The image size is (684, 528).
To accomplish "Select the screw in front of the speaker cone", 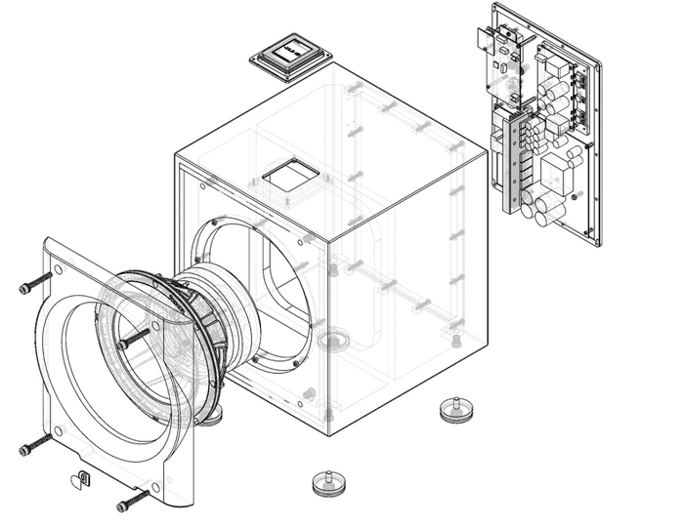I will (x=134, y=340).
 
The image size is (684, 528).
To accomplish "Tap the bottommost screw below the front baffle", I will (x=133, y=500).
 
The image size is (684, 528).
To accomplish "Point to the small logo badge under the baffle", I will (x=81, y=478).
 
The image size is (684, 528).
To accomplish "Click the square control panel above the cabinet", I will (x=290, y=56).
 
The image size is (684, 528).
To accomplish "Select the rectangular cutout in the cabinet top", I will (x=291, y=176).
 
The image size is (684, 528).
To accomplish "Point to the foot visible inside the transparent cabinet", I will (x=334, y=340).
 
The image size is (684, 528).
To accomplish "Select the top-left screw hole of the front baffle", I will (x=59, y=270).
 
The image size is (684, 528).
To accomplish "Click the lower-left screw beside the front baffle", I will (x=34, y=447).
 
